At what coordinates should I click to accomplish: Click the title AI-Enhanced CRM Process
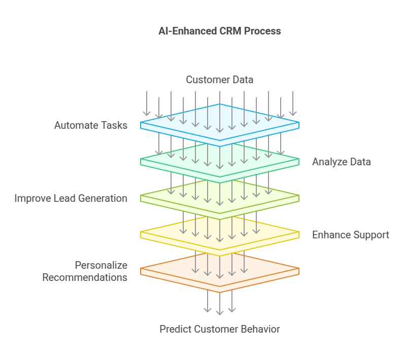(219, 31)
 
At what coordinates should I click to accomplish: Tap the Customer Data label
(219, 80)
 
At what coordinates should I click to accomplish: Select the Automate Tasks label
(91, 125)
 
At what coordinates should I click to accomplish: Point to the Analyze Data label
(341, 162)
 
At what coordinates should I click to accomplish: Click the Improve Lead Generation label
(71, 198)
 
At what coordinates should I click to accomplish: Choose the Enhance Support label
(350, 235)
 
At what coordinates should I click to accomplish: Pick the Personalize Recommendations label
(85, 271)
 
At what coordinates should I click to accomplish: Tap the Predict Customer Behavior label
(219, 329)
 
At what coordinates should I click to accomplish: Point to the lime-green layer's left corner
(141, 197)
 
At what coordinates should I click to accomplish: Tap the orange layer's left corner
(141, 270)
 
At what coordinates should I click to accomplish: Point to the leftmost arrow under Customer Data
(147, 103)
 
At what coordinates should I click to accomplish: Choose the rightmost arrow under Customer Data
(293, 103)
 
